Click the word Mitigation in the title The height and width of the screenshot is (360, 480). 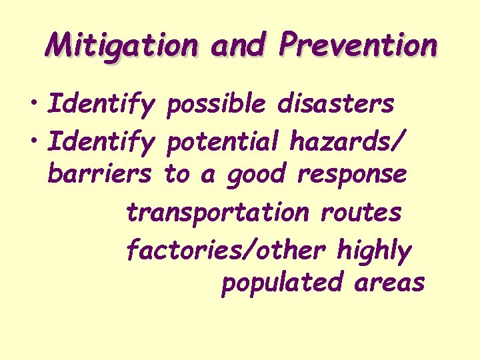click(x=122, y=46)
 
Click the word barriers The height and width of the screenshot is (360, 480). click(x=101, y=175)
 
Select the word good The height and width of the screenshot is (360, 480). click(x=256, y=176)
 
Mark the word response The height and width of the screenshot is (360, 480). click(x=352, y=176)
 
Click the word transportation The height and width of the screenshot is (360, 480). click(x=218, y=213)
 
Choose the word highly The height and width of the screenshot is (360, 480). click(x=375, y=251)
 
